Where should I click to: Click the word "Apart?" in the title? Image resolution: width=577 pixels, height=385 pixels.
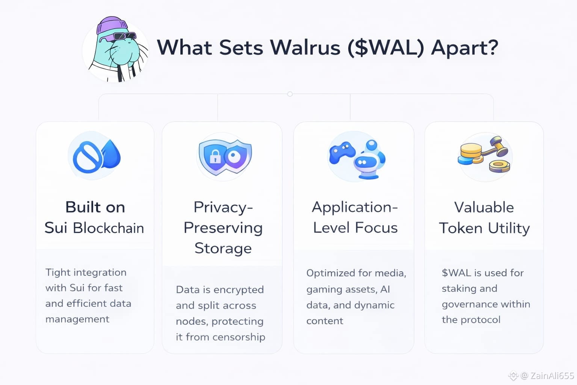(x=464, y=48)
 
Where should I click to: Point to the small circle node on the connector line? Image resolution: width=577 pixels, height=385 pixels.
(x=290, y=94)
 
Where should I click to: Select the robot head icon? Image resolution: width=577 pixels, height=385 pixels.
(x=364, y=162)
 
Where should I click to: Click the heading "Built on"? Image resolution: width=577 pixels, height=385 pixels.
(x=95, y=207)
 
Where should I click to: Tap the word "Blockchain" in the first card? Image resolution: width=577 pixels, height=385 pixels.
(x=108, y=228)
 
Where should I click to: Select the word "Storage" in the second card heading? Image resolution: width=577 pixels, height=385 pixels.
(x=223, y=249)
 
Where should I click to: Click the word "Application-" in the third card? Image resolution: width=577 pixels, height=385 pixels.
(x=355, y=207)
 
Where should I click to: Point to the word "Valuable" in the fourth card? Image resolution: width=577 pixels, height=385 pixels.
(x=484, y=207)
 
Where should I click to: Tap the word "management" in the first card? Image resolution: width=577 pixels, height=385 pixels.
(x=77, y=319)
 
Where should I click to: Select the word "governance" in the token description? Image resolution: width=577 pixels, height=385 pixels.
(x=464, y=304)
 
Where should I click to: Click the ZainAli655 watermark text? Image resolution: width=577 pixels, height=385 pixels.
(x=552, y=375)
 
